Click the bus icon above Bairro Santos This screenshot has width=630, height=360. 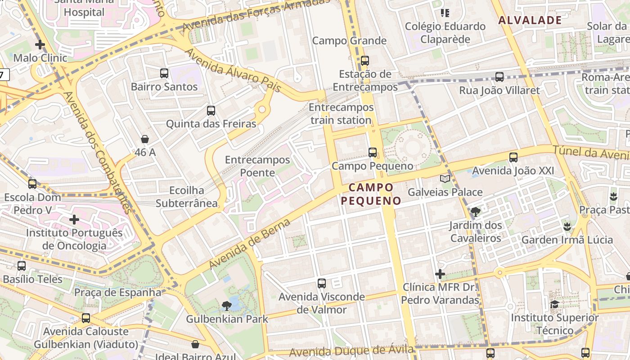pos(164,73)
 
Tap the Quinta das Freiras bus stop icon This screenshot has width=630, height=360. pos(211,110)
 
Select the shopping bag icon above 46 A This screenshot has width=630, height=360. pos(145,139)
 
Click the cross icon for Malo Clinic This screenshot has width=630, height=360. pos(40,45)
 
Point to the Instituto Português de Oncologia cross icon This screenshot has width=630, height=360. pos(74,220)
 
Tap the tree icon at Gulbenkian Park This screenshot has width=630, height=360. pos(227,306)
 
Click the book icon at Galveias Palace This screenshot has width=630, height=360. pos(445,179)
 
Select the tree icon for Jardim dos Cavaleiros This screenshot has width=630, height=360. pos(475,211)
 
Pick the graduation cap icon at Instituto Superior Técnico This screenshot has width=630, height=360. pos(554,305)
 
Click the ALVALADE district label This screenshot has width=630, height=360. pos(530,20)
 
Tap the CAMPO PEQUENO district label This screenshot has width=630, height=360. pos(371,194)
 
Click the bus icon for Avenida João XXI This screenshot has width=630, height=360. pos(513,157)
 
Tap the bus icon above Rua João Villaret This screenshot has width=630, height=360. pos(499,77)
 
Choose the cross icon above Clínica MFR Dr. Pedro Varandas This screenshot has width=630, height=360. pos(440,274)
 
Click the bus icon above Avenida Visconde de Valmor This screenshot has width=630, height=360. pos(322,283)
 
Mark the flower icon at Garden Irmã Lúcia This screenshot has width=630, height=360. pos(567,226)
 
